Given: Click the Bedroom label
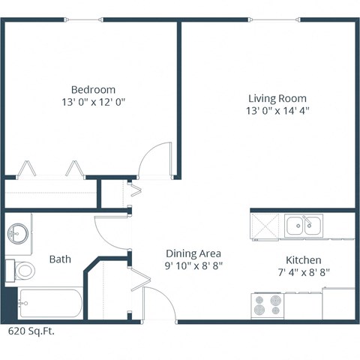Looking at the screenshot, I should [x=93, y=88].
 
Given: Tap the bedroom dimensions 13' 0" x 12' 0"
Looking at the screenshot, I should [x=93, y=101].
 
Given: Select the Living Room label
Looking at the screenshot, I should [x=277, y=98].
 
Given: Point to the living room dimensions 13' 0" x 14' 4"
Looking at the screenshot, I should [x=277, y=111].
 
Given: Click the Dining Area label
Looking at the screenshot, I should [x=193, y=253].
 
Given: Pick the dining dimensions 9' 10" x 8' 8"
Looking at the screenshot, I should [x=193, y=265].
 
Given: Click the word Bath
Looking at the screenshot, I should [x=60, y=259].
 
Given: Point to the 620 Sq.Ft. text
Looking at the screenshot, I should [x=31, y=330].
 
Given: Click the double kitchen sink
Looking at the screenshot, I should [x=303, y=224].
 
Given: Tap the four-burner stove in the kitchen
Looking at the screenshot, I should [x=268, y=304].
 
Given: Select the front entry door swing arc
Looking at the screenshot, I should [x=159, y=303].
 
